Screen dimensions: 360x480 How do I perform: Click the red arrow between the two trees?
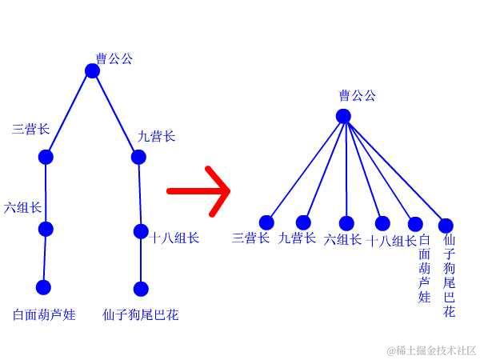pos(198,191)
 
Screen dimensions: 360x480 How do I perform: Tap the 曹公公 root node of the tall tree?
pos(92,71)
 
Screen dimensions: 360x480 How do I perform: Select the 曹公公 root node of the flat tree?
pos(343,116)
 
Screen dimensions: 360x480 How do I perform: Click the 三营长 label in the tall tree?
pos(31,129)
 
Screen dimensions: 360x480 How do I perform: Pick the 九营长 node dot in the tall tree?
pos(138,157)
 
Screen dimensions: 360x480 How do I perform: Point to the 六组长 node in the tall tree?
pos(46,230)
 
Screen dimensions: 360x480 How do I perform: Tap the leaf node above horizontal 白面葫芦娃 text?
pos(43,287)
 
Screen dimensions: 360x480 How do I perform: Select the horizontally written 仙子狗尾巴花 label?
pos(141,315)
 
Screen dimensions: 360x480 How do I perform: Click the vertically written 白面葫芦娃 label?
pos(424,269)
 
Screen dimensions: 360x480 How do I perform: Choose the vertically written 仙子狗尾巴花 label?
pos(449,275)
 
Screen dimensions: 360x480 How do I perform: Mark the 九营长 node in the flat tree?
pos(303,222)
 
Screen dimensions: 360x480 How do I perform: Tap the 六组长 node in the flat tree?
pos(346,223)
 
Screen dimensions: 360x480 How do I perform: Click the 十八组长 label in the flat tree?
pos(391,241)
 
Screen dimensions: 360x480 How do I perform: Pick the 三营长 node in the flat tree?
pos(266,222)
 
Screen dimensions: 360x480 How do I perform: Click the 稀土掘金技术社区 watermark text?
pos(432,350)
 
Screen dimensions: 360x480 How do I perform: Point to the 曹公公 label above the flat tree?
pos(357,96)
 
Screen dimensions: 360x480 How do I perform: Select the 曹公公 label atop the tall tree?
pos(114,58)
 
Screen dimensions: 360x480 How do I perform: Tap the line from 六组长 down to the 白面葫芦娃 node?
pos(45,258)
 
